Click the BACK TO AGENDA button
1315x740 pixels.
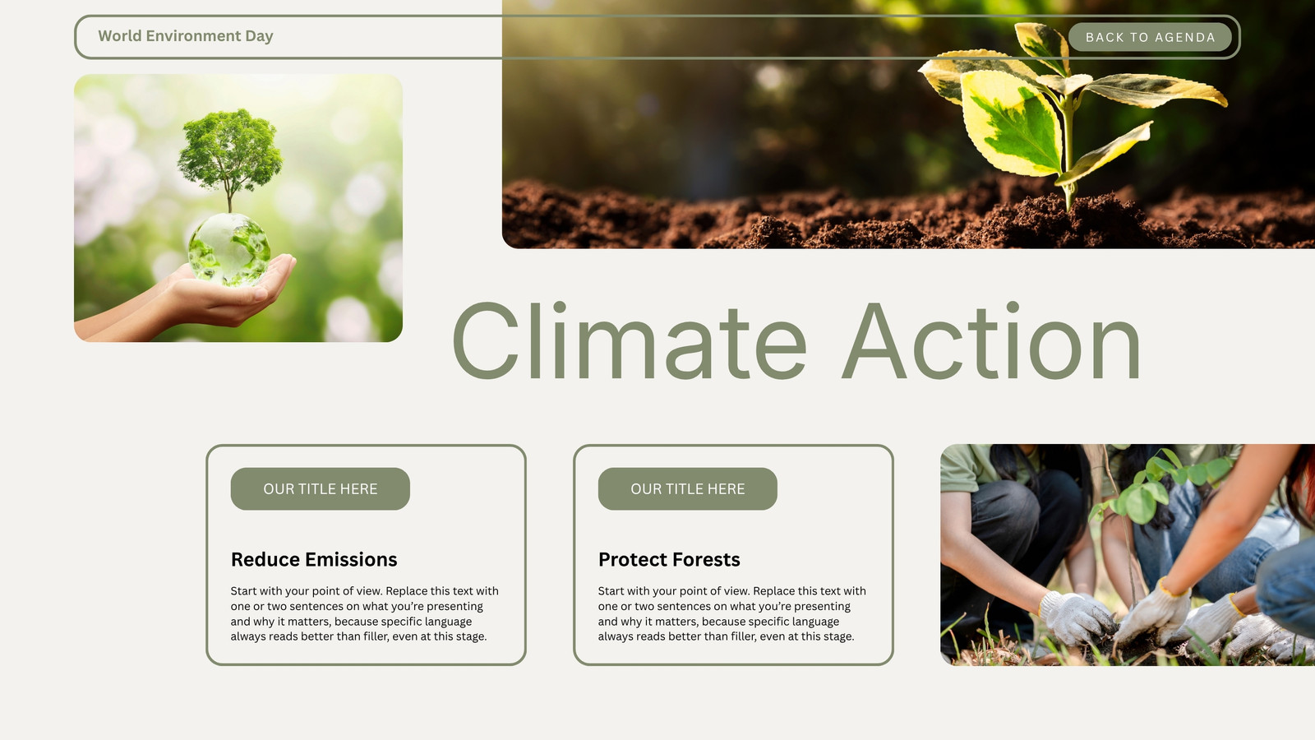pos(1150,37)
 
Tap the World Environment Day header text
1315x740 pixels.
pos(186,36)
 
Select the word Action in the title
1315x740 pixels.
pos(991,341)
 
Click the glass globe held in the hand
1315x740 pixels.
pos(229,250)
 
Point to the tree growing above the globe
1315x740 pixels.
pos(229,155)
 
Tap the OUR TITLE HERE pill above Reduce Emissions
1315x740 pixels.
pos(320,488)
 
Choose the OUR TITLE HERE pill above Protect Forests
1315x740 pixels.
pos(687,488)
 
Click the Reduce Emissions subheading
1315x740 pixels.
pos(314,560)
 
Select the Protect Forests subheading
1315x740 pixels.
pos(669,560)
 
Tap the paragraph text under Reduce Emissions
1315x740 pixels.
pos(365,613)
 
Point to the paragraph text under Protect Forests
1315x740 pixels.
pos(732,613)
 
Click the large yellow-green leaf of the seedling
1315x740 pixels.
pos(1012,123)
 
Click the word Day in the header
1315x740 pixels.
pos(259,36)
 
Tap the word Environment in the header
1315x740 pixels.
pos(193,36)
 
